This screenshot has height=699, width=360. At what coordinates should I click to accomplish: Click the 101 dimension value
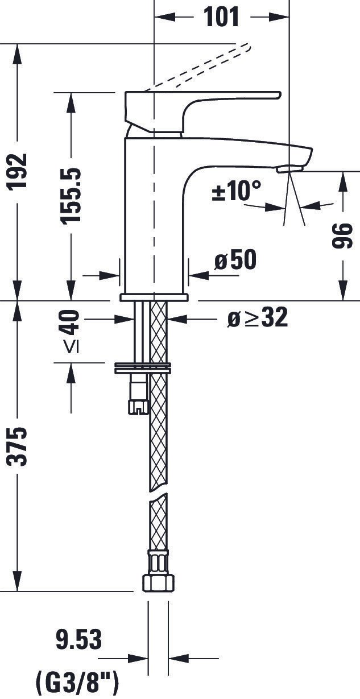(221, 16)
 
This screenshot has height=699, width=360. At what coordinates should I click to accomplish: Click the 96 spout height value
(342, 235)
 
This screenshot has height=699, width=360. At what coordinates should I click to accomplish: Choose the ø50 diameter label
(235, 259)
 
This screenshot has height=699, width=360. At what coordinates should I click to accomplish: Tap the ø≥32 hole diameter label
(258, 318)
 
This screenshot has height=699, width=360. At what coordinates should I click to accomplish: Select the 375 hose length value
(17, 447)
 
